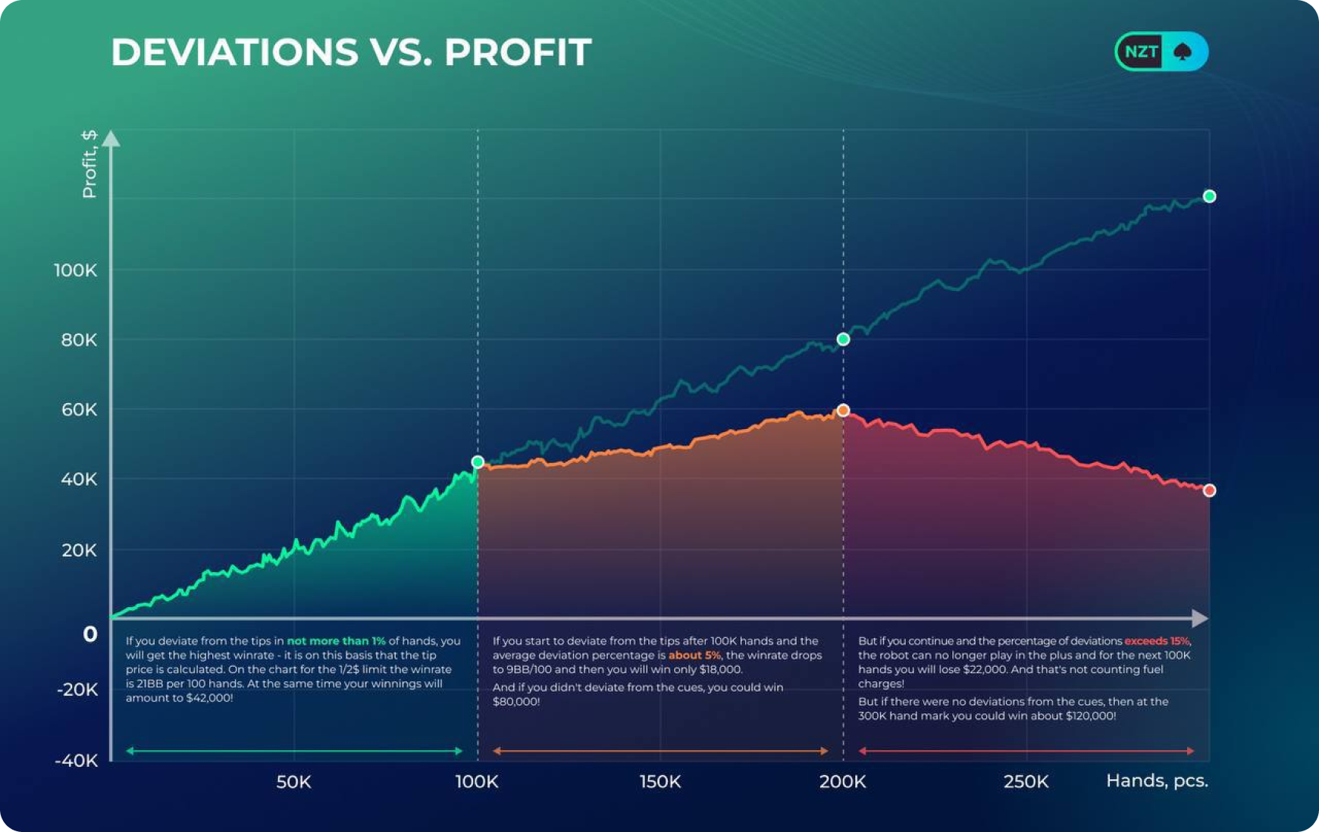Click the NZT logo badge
tap(1161, 52)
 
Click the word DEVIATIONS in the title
tap(234, 52)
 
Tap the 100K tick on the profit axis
tap(75, 271)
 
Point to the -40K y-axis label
tap(76, 761)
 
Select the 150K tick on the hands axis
tap(659, 781)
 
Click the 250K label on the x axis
tap(1026, 781)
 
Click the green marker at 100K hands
tap(478, 461)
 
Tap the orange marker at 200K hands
tap(843, 411)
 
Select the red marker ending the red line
tap(1209, 490)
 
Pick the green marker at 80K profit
tap(843, 339)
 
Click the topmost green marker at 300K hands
tap(1209, 196)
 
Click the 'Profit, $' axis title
tap(89, 164)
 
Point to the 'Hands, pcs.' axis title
tap(1156, 780)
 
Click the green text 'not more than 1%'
tap(336, 641)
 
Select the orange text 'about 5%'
tap(694, 655)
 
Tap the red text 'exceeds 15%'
tap(1157, 641)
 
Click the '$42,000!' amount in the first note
tap(209, 698)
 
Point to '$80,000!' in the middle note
tap(516, 702)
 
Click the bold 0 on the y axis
tap(90, 634)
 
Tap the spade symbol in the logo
tap(1183, 52)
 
